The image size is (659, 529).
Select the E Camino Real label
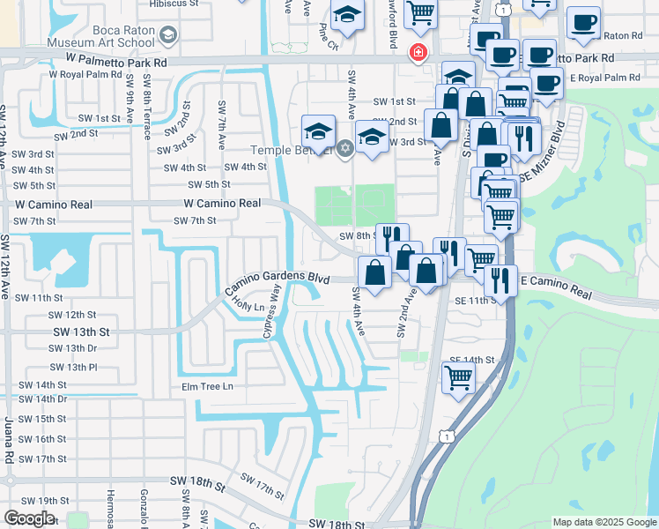tap(554, 285)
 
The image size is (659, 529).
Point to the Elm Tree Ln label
tap(207, 386)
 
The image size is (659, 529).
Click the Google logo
tap(29, 518)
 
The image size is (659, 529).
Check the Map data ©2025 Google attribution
tap(603, 521)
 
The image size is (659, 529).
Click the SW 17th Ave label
tap(262, 490)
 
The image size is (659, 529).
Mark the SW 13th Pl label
tap(71, 367)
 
